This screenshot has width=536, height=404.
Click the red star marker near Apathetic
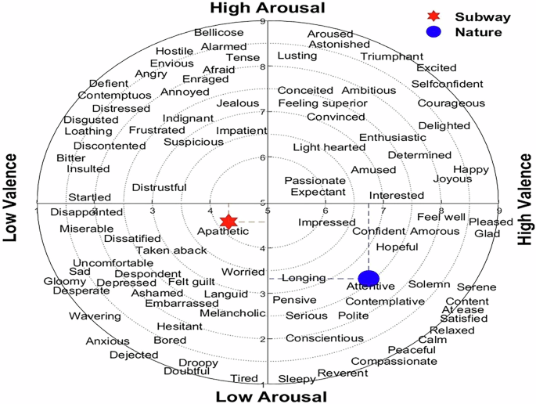pos(228,222)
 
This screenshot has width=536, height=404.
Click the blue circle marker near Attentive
pos(369,278)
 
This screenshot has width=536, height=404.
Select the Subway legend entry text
pos(483,16)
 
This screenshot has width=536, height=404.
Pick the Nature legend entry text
pos(480,32)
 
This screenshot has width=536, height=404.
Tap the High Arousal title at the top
pos(267,8)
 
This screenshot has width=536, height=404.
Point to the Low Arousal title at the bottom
pos(272,396)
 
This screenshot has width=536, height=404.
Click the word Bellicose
pos(218,33)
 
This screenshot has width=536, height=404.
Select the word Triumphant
pos(392,56)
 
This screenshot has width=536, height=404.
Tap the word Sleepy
pos(297,379)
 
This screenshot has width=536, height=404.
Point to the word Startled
pos(90,197)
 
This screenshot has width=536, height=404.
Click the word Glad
pos(487,233)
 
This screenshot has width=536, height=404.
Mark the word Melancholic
pos(233,313)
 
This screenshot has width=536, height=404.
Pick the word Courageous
pos(451,103)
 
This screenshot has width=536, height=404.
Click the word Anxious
pos(108,341)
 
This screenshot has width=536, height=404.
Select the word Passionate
pos(315,180)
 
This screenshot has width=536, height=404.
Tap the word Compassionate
pos(394,361)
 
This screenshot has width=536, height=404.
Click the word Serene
pos(477,287)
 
